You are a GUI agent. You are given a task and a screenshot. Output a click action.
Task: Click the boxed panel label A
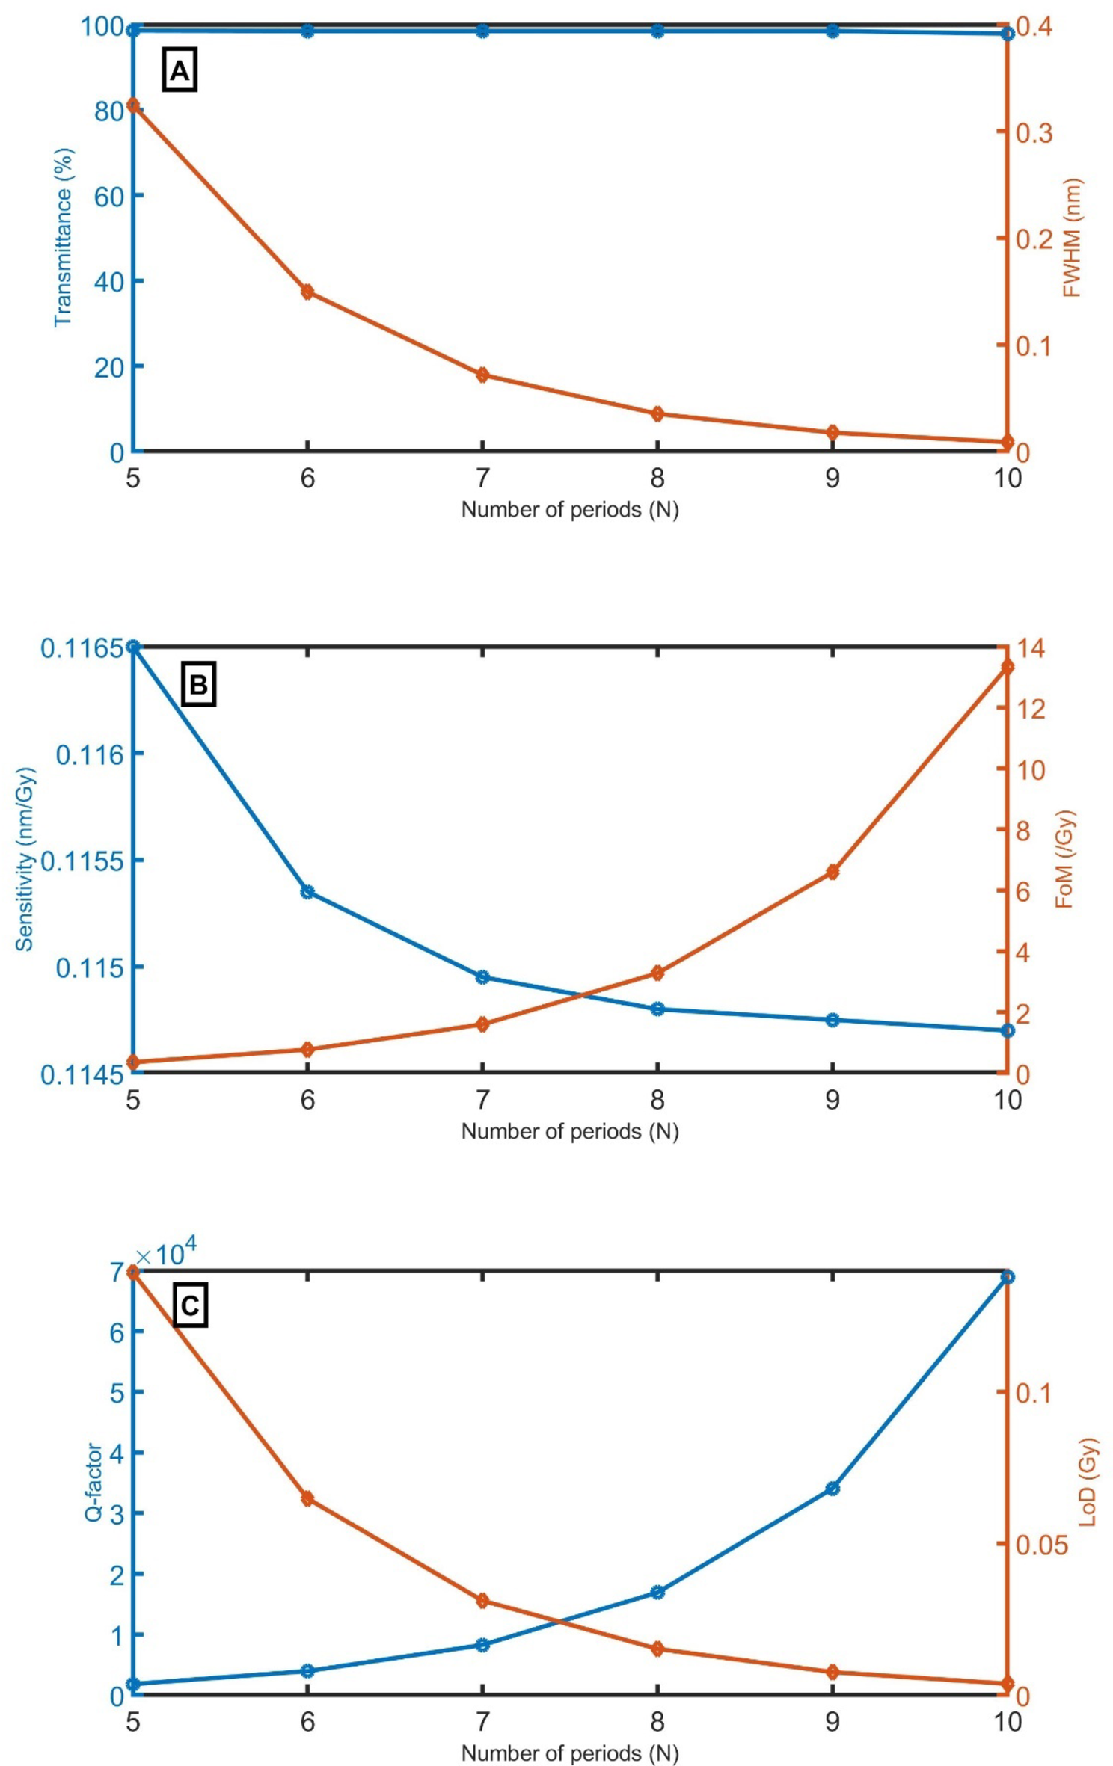180,71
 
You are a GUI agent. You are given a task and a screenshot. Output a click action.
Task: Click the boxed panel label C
190,1305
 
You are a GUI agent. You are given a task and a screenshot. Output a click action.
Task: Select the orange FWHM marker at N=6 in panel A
307,292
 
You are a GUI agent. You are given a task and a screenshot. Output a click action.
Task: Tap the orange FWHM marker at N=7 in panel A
482,375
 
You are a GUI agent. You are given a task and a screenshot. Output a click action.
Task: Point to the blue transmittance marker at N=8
657,31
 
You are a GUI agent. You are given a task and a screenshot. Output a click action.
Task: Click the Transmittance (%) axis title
64,237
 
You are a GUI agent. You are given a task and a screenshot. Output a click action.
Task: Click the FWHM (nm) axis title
1072,237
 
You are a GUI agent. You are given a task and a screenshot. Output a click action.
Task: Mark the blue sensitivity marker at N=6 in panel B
307,891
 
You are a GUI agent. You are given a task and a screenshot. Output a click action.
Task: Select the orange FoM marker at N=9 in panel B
833,872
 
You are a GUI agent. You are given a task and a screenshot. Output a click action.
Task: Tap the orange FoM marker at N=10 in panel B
1007,667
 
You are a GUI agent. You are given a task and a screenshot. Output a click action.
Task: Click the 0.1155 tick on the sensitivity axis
81,861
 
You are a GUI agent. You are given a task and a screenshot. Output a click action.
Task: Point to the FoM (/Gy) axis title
1064,859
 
